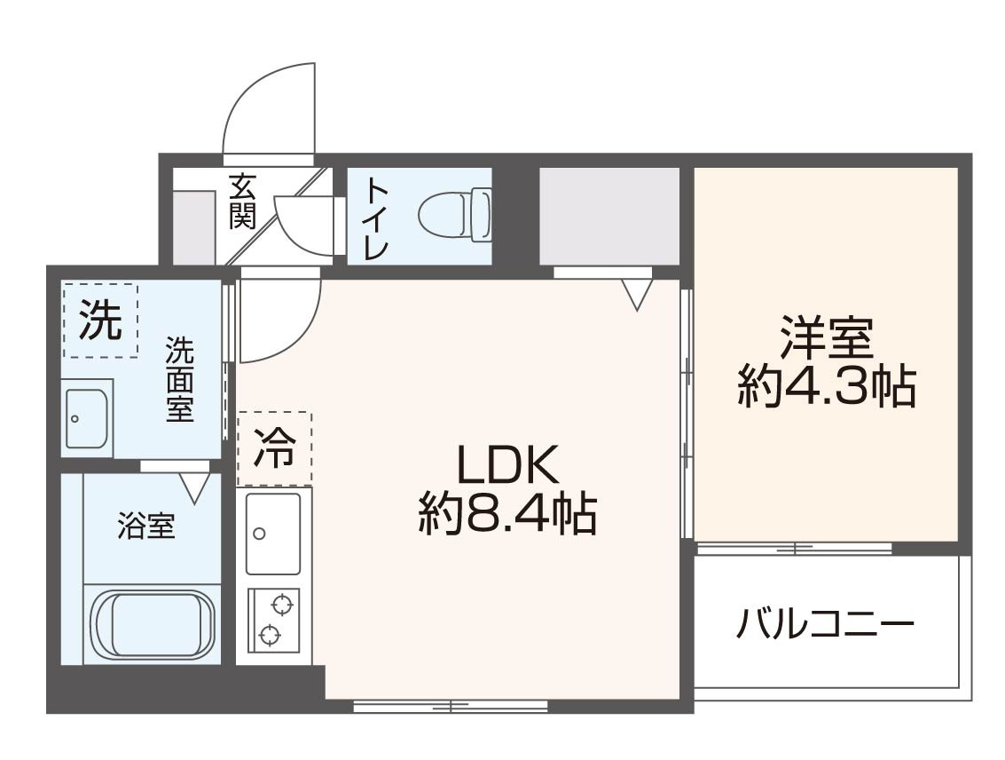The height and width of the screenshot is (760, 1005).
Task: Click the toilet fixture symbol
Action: pos(455,215)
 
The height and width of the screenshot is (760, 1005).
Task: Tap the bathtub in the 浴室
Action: pos(152,623)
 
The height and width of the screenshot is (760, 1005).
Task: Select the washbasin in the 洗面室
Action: pos(87,417)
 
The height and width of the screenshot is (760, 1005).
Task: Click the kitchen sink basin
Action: pos(273,533)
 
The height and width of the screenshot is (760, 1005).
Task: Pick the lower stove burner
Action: pos(269,635)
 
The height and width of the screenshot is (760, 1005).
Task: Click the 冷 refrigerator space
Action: pos(274,449)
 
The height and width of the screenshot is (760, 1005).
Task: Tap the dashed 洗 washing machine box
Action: pos(100,320)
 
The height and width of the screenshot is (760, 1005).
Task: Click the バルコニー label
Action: pos(825,623)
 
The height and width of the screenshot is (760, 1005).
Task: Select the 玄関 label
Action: pos(243,202)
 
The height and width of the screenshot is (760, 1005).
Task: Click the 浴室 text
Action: pos(146,526)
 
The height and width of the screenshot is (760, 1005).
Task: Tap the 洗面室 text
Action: pos(180,380)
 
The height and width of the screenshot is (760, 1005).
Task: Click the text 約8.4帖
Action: pos(507,513)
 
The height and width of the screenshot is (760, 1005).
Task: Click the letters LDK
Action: pos(507,464)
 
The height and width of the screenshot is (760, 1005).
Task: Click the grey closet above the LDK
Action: pos(608,216)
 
